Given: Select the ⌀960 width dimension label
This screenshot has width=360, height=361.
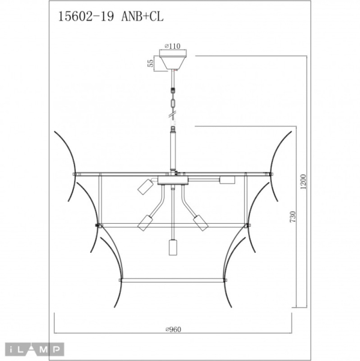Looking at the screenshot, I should (174, 329).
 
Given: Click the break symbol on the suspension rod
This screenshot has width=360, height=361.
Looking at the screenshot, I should (173, 111).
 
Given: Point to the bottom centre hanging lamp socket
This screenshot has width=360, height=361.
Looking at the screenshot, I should (173, 247).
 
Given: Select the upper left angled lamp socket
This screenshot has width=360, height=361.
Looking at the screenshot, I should (144, 187).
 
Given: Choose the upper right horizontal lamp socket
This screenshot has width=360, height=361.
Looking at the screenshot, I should (227, 179).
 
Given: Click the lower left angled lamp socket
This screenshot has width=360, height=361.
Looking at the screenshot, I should (144, 223).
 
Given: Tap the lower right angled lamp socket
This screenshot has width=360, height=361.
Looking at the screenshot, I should (200, 223).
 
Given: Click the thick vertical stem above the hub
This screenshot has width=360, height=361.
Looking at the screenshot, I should (173, 150).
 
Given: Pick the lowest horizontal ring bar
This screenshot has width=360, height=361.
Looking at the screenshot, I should (173, 279).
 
